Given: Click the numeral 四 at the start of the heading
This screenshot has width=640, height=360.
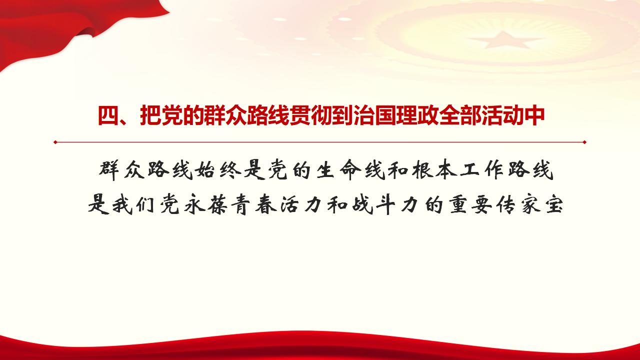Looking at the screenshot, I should (107, 116).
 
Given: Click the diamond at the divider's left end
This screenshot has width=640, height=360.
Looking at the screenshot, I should (55, 142).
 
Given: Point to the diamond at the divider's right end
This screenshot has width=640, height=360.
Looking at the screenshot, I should (584, 142).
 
